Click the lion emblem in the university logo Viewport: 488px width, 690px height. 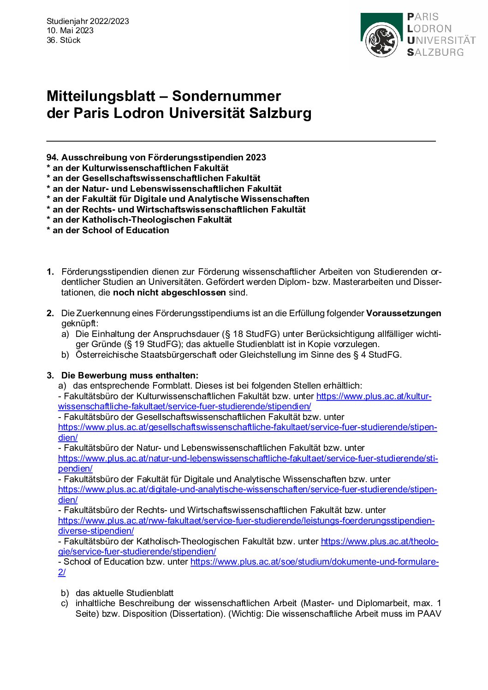[x=381, y=41]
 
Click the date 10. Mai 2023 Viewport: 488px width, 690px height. [x=70, y=30]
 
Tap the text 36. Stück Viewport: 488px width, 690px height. [x=64, y=40]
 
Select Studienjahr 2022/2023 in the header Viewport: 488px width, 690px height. [x=88, y=21]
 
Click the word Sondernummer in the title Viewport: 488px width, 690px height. [x=226, y=96]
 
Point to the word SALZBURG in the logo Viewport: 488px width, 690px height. [x=435, y=53]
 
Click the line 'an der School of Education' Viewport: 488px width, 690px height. [x=111, y=230]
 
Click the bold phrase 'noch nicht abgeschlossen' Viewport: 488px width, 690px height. [x=169, y=292]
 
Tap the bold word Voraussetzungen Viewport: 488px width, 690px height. [x=404, y=313]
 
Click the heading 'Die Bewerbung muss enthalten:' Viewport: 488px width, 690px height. [x=130, y=375]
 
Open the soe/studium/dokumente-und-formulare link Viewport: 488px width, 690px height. [x=314, y=562]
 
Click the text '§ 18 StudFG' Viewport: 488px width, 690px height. [x=235, y=334]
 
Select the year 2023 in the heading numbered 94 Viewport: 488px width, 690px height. [x=256, y=158]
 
